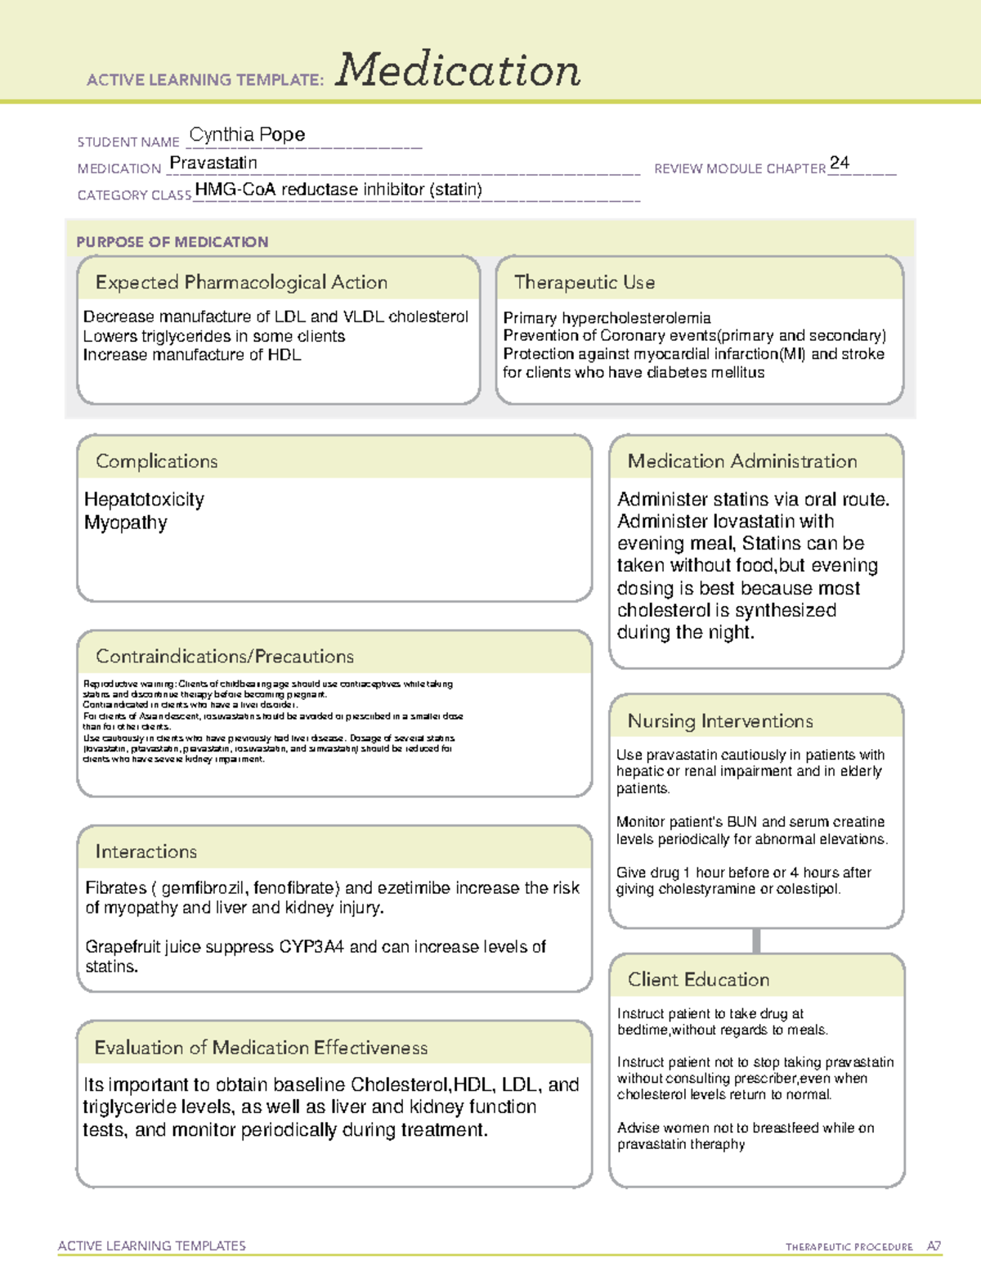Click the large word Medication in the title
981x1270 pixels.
pyautogui.click(x=458, y=70)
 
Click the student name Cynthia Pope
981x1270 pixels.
pyautogui.click(x=247, y=134)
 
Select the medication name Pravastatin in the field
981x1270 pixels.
pyautogui.click(x=213, y=163)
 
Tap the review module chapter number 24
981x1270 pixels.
pyautogui.click(x=839, y=163)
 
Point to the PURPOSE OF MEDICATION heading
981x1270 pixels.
pyautogui.click(x=172, y=242)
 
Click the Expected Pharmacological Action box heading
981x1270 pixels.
pyautogui.click(x=241, y=282)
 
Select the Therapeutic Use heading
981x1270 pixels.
pyautogui.click(x=584, y=282)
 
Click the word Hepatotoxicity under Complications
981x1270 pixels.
pyautogui.click(x=144, y=500)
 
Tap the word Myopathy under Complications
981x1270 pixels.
pyautogui.click(x=125, y=523)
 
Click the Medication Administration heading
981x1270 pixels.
pyautogui.click(x=741, y=461)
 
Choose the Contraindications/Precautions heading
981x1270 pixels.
pyautogui.click(x=225, y=657)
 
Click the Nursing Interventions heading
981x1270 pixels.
pyautogui.click(x=719, y=721)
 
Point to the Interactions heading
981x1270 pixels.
pyautogui.click(x=146, y=852)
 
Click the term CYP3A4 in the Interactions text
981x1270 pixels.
pyautogui.click(x=311, y=947)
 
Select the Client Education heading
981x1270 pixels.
pyautogui.click(x=698, y=980)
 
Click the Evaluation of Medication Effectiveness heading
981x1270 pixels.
pyautogui.click(x=261, y=1048)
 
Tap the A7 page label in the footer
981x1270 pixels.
pyautogui.click(x=934, y=1246)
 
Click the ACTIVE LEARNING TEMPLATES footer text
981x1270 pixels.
pyautogui.click(x=152, y=1245)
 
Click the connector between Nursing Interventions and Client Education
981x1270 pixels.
pyautogui.click(x=756, y=940)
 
